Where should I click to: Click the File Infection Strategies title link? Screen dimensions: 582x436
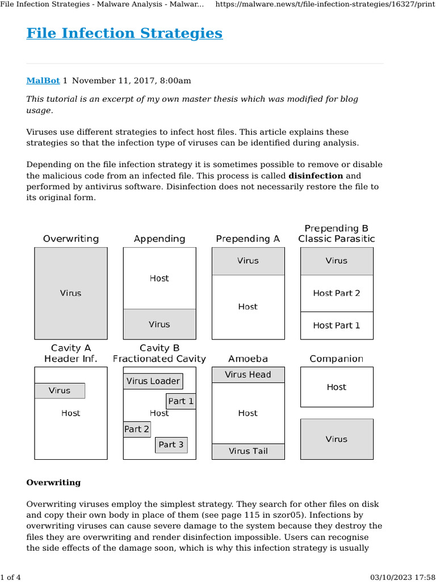[124, 34]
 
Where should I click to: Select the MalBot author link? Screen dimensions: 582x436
[43, 81]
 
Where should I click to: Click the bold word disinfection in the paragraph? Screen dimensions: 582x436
[315, 176]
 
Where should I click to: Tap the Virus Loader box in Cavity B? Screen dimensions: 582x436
[153, 381]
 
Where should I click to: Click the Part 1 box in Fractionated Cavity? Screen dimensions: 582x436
[181, 401]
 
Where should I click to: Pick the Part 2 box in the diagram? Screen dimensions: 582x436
[137, 429]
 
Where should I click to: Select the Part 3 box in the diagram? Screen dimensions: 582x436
[171, 444]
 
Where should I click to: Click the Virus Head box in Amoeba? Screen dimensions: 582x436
[248, 375]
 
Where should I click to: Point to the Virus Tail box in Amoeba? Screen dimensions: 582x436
[248, 451]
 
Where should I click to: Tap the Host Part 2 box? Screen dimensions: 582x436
[337, 293]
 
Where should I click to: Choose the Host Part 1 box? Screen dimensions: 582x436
[337, 326]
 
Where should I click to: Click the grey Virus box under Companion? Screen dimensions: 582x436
[337, 439]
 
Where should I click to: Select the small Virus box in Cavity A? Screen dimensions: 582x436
[60, 390]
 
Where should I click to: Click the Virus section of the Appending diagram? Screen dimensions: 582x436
[160, 324]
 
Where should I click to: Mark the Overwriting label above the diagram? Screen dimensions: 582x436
[71, 239]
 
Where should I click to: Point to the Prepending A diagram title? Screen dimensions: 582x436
[248, 239]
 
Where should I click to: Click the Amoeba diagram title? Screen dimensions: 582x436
[248, 359]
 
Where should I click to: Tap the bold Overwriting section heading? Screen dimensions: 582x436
[53, 483]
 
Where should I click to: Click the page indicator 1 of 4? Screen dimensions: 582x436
[11, 577]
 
